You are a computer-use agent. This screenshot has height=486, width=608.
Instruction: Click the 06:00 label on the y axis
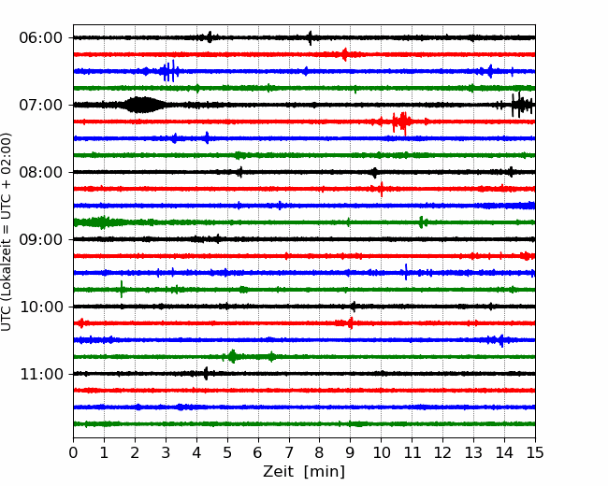41,38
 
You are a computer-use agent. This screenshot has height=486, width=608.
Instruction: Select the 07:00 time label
41,105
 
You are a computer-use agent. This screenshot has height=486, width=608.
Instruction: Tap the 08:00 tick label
41,172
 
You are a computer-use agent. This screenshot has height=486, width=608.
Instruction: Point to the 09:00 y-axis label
41,239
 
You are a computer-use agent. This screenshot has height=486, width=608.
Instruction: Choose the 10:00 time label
41,307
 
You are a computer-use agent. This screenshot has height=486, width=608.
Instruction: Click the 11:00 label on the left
41,374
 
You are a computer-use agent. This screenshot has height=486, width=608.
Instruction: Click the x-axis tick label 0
73,452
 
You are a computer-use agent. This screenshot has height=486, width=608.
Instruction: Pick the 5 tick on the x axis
227,452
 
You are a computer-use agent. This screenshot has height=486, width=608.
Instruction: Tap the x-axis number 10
381,452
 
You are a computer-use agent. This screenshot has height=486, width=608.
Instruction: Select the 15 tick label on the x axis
535,452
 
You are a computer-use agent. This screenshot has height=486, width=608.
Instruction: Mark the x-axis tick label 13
473,452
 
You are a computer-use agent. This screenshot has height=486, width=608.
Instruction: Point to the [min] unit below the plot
325,472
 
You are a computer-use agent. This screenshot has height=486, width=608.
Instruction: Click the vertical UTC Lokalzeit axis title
7,232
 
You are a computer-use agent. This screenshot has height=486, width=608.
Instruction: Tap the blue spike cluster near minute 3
169,71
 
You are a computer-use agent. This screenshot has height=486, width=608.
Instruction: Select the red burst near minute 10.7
401,122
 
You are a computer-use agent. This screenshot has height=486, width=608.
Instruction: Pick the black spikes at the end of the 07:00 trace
522,105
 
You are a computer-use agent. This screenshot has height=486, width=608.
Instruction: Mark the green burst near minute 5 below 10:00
232,356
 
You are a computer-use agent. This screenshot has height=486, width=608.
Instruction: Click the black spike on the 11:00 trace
206,374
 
